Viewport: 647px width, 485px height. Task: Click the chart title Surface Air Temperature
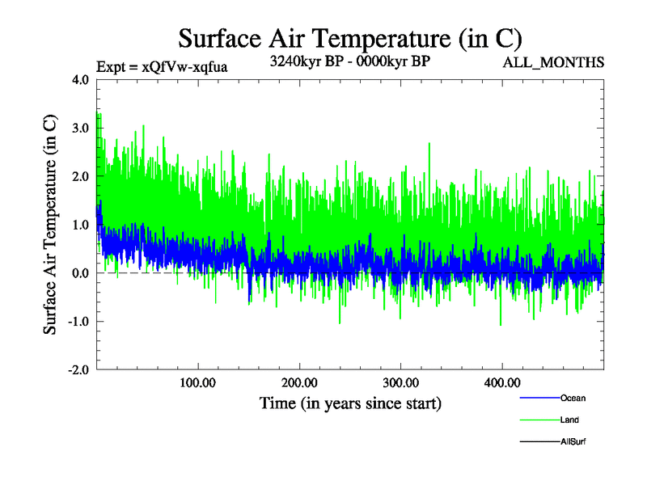(349, 38)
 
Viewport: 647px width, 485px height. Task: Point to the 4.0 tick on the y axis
(80, 80)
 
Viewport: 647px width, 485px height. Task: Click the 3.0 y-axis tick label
(80, 129)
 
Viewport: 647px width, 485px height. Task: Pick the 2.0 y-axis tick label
(80, 176)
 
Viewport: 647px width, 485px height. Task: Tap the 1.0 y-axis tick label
(80, 225)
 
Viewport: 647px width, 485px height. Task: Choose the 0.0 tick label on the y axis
(80, 273)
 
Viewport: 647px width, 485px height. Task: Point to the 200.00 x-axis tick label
(299, 382)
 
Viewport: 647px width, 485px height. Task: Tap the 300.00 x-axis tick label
(400, 382)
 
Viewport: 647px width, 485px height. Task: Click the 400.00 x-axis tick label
(501, 382)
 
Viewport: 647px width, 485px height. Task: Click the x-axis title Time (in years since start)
(350, 402)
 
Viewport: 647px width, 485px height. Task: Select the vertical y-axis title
(50, 225)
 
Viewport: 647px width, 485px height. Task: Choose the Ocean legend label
(573, 399)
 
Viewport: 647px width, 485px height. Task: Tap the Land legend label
(569, 420)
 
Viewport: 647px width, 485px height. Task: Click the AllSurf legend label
(573, 442)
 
